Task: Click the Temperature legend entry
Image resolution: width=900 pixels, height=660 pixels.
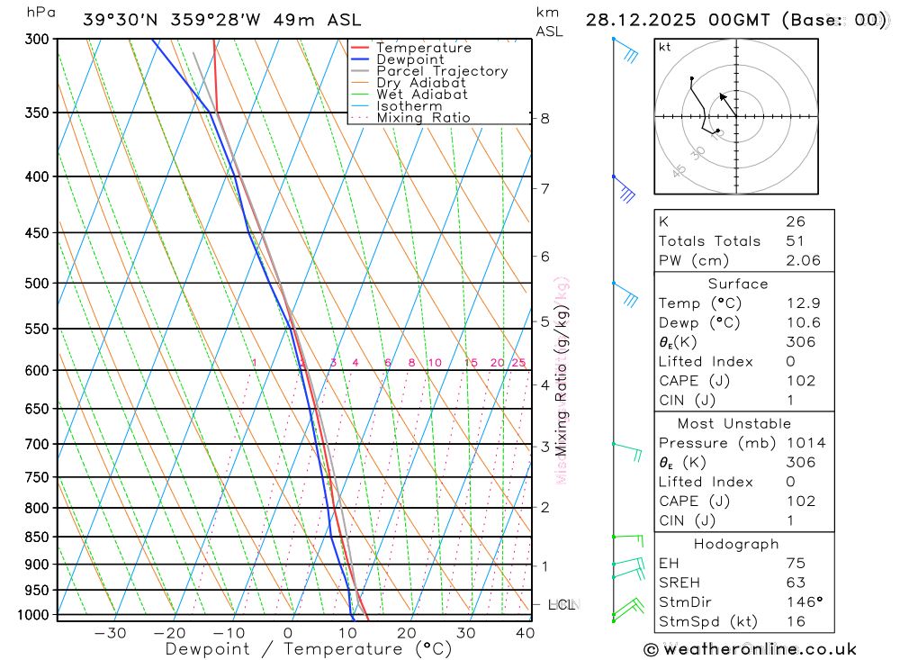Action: tap(423, 48)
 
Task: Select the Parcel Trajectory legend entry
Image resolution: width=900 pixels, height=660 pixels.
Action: tap(442, 71)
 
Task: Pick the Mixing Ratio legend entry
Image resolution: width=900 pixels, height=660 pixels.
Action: tap(423, 117)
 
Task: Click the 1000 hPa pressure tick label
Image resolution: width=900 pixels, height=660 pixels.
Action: tap(32, 615)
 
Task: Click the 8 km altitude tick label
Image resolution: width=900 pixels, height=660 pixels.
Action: tap(545, 118)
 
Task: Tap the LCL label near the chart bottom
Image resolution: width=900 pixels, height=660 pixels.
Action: tap(562, 605)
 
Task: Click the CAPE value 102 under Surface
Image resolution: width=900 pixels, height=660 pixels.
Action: tap(800, 381)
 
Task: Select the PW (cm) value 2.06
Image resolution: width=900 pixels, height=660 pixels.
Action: tap(803, 260)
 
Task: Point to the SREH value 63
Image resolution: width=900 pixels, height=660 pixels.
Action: tap(796, 583)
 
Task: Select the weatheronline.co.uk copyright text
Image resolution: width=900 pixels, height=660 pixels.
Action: tap(751, 649)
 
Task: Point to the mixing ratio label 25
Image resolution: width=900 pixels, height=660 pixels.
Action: tap(518, 363)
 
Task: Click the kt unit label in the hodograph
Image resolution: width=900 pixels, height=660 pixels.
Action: tap(664, 47)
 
